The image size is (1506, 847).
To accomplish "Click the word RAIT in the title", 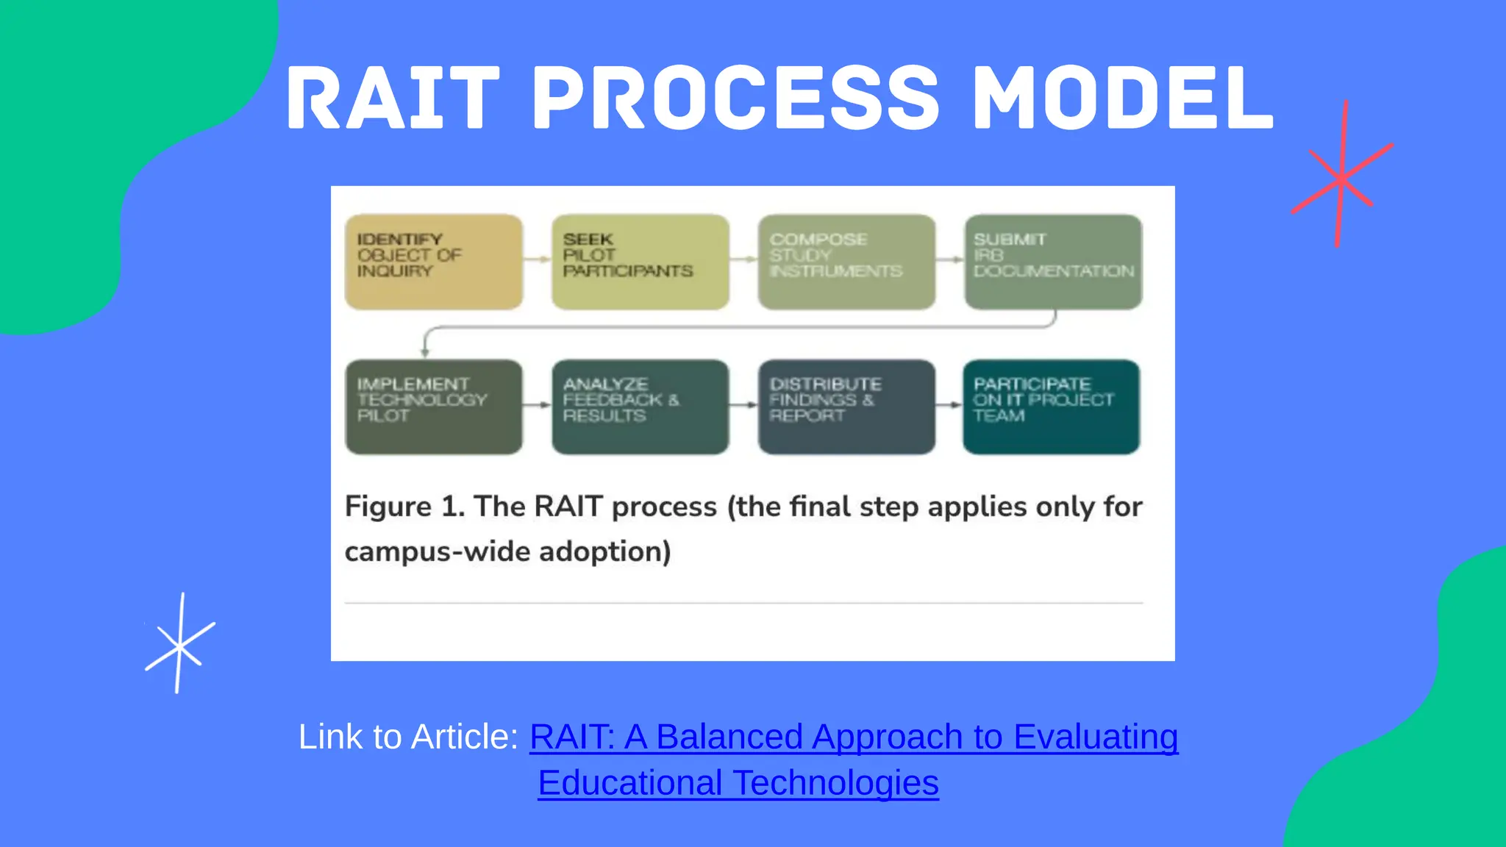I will point(393,98).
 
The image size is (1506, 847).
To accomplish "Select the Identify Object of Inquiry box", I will point(434,262).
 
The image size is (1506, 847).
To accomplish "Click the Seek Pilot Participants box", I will point(640,262).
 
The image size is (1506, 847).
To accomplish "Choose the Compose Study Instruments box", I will point(846,262).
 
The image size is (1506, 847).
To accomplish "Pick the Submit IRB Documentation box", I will point(1053,262).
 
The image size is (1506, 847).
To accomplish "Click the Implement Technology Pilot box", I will point(434,407).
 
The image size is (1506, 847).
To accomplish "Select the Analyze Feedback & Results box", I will point(640,407).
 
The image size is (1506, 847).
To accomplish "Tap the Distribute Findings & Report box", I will point(846,407).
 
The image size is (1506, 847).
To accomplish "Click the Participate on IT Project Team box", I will point(1052,407).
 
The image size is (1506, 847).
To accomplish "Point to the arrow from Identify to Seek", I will point(538,259).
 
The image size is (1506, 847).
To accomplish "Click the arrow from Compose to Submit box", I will point(950,259).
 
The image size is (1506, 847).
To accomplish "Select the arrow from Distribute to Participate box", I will point(949,404).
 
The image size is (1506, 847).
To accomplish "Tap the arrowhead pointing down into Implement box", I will point(425,351).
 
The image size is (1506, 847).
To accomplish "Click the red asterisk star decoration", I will point(1341,176).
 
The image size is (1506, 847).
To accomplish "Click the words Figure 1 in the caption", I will point(404,507).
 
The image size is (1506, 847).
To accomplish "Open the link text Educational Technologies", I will point(738,783).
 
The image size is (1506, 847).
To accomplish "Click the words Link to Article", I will point(408,737).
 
